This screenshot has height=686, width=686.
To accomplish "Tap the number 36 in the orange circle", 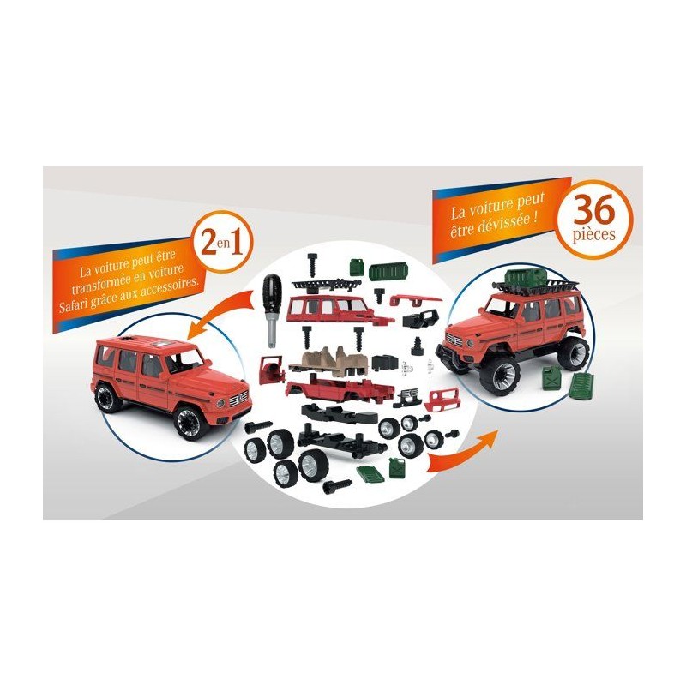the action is pyautogui.click(x=593, y=211).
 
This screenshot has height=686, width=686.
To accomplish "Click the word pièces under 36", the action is pyautogui.click(x=593, y=234).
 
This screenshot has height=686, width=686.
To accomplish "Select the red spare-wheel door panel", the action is pyautogui.click(x=271, y=370).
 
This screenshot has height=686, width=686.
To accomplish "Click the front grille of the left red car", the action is pyautogui.click(x=240, y=400).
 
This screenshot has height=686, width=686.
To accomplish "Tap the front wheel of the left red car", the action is pyautogui.click(x=189, y=423).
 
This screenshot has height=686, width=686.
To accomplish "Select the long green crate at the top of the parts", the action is pyautogui.click(x=389, y=272).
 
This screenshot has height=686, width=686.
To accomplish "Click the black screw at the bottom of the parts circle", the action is pyautogui.click(x=337, y=485).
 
